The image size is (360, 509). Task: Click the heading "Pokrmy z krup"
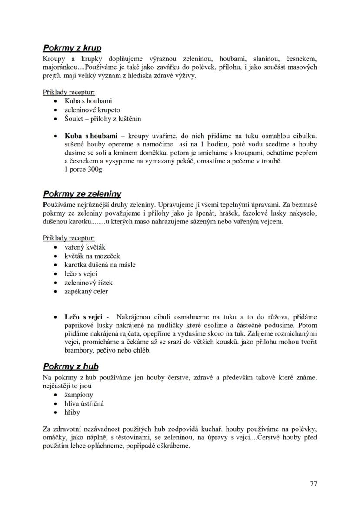click(x=72, y=48)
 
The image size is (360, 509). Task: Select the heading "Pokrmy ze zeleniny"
click(x=82, y=194)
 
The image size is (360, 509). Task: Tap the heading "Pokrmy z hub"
click(x=70, y=367)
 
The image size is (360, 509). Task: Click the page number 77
click(x=313, y=484)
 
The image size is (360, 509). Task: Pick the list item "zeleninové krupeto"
click(x=92, y=110)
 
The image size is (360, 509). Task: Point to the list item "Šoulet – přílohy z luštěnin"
click(x=103, y=119)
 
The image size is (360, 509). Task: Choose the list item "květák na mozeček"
click(x=92, y=256)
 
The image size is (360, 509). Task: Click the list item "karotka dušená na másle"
click(x=100, y=265)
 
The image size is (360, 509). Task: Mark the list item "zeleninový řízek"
click(x=88, y=283)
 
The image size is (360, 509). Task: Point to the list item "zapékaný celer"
click(x=86, y=291)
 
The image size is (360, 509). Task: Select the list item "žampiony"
click(x=79, y=395)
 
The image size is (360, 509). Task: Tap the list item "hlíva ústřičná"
click(x=84, y=403)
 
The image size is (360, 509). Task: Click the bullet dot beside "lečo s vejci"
click(x=55, y=274)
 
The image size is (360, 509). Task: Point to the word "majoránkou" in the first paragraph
click(x=60, y=67)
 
